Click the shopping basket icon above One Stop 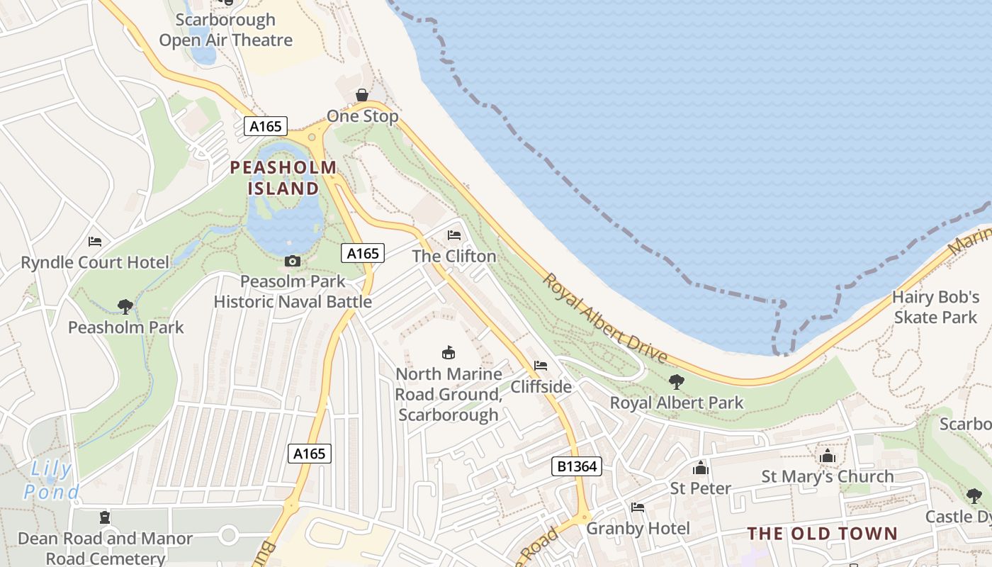(x=362, y=95)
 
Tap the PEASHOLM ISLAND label (x=283, y=178)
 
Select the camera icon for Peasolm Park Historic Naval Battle (x=292, y=262)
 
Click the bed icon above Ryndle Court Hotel (x=95, y=242)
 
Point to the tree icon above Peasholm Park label (x=125, y=306)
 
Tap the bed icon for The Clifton (x=454, y=235)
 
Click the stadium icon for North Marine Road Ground (x=448, y=352)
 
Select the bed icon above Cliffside (x=541, y=366)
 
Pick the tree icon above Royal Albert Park (x=677, y=382)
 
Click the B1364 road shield (x=577, y=466)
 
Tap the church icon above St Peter (x=700, y=468)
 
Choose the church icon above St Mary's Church (x=828, y=456)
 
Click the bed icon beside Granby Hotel (x=638, y=507)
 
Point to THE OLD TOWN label (x=823, y=534)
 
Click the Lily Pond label (x=50, y=480)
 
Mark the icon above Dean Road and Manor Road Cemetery (x=105, y=517)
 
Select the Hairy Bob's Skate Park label (x=935, y=307)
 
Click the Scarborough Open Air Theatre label (x=225, y=30)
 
